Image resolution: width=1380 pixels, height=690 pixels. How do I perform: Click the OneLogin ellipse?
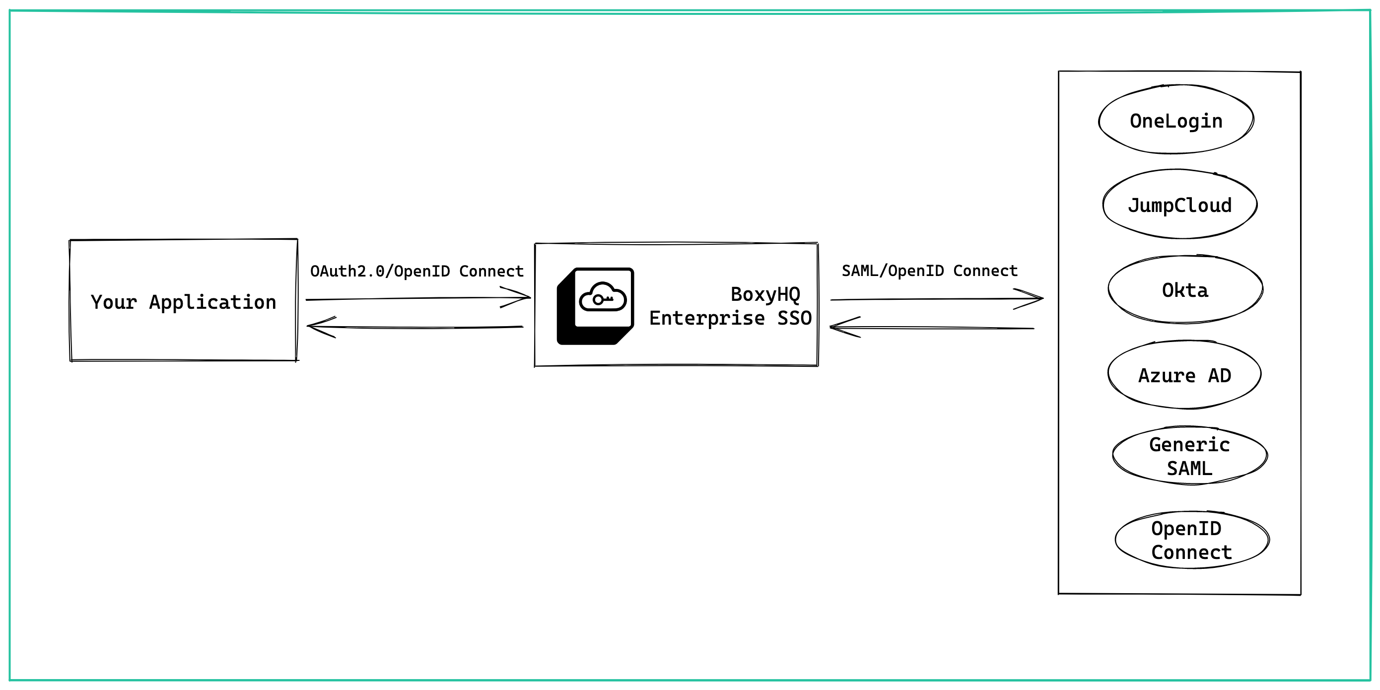click(1176, 120)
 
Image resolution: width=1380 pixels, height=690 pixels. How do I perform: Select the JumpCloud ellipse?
click(1179, 205)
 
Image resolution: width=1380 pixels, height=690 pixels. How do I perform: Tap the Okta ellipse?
click(1185, 290)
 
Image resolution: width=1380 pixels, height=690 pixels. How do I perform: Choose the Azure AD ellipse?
click(1184, 375)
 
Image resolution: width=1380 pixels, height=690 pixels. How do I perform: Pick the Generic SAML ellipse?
click(1189, 456)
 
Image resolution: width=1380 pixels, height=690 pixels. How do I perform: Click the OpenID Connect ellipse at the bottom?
click(1191, 540)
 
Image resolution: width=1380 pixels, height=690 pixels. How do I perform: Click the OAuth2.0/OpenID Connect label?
click(417, 271)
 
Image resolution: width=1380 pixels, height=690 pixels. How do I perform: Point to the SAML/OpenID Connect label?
click(929, 271)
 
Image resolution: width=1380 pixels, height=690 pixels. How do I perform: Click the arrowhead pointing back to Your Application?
click(318, 326)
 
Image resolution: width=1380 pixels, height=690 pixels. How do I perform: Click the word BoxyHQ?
click(765, 294)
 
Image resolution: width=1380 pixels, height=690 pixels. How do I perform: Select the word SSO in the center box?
click(794, 318)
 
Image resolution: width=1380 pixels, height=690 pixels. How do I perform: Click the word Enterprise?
click(706, 318)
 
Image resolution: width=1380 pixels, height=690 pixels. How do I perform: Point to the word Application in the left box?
click(212, 302)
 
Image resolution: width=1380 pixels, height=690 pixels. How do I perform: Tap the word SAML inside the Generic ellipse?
click(1189, 468)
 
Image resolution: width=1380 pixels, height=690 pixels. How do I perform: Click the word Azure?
click(1166, 376)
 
